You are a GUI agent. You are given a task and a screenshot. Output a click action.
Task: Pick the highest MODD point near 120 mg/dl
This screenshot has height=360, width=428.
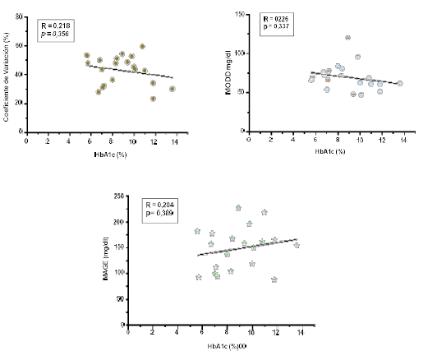[347, 38]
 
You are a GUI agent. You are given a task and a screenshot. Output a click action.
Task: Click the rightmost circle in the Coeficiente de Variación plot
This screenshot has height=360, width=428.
[172, 89]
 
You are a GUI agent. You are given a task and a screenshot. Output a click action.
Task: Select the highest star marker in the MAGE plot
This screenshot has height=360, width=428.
[238, 208]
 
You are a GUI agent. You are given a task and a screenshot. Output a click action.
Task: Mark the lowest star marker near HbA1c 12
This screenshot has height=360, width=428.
[274, 279]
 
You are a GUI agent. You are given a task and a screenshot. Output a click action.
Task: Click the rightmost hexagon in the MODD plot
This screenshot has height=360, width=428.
[399, 83]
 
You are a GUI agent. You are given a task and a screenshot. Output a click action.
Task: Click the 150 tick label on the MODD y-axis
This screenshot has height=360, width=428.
[237, 15]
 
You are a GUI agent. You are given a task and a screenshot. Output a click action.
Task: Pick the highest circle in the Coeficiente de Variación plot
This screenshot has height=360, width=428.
[142, 47]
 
